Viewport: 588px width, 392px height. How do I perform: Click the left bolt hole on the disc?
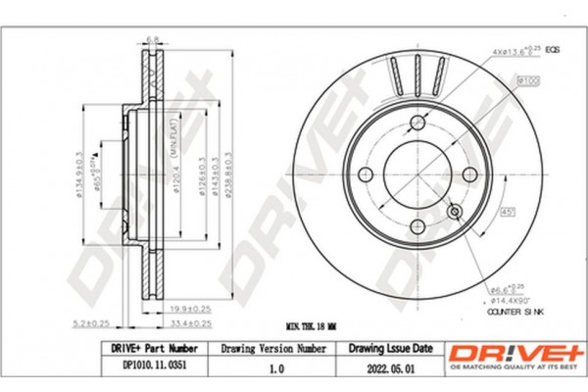coord(367,173)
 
